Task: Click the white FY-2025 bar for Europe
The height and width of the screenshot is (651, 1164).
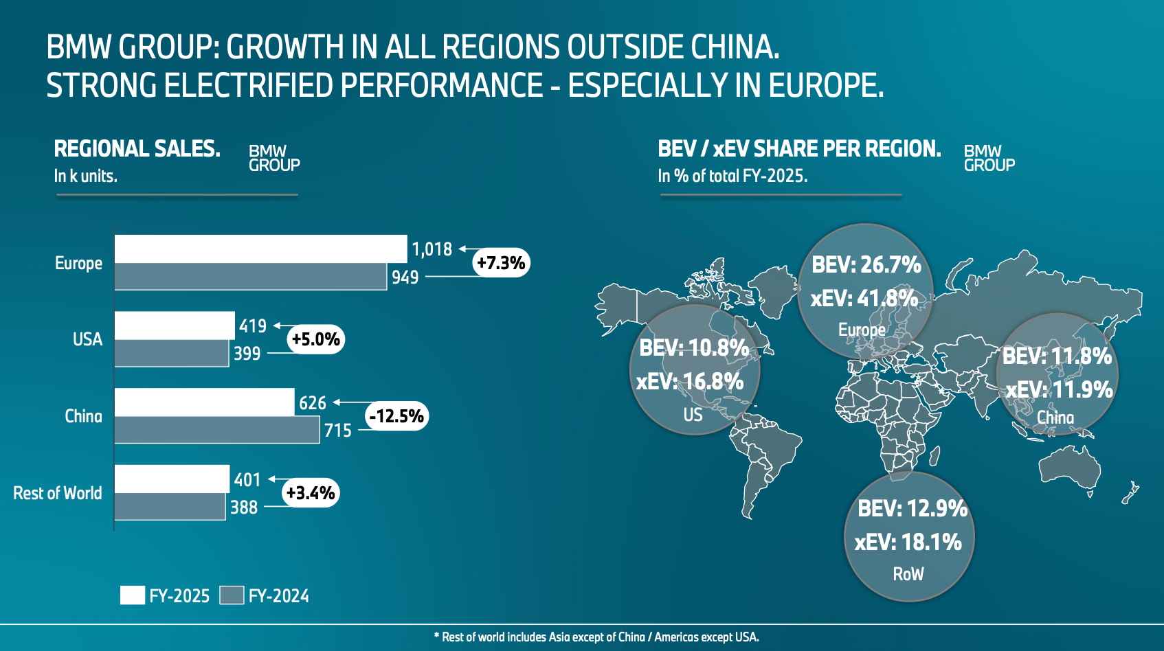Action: pos(260,249)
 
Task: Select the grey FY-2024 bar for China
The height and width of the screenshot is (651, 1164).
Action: pos(216,430)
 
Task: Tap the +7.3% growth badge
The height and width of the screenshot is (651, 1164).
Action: pos(501,263)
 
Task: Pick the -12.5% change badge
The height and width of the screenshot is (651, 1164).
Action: pos(396,416)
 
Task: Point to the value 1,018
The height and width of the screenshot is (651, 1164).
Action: pos(432,249)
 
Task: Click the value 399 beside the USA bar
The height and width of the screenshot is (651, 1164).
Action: pos(247,354)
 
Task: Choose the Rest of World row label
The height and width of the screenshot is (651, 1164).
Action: pos(58,493)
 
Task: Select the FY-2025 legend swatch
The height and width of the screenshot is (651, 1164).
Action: pos(132,595)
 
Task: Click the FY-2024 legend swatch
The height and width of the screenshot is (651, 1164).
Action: pos(232,595)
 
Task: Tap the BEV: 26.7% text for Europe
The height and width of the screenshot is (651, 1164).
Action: pos(866,265)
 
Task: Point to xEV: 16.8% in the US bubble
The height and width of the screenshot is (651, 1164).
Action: pos(689,382)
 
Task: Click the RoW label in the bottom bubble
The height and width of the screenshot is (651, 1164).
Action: pos(908,574)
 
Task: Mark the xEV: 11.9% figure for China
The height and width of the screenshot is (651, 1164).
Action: pos(1059,390)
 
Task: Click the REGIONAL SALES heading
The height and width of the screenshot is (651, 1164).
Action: pos(137,149)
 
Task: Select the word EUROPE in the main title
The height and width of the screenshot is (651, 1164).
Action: pos(825,86)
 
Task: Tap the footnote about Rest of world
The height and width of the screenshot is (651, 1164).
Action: pos(596,637)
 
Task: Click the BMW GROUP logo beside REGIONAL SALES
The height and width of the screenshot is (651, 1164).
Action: pos(274,159)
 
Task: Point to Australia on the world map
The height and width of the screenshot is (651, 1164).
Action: pos(1068,468)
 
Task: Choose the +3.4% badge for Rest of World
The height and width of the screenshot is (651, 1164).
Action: pos(311,493)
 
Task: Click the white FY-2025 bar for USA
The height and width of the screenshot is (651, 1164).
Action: pos(175,325)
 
